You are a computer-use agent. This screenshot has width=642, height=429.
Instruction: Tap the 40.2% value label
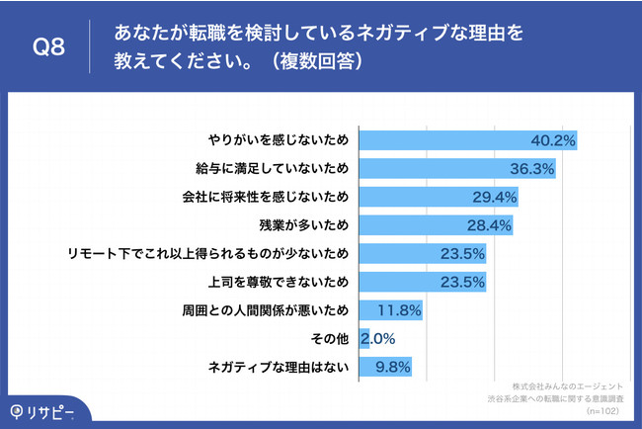pyautogui.click(x=553, y=140)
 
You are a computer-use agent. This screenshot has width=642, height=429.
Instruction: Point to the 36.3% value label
pyautogui.click(x=531, y=168)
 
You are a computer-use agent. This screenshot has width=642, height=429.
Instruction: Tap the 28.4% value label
pyautogui.click(x=488, y=225)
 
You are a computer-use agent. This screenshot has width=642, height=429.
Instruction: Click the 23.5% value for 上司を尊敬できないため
pyautogui.click(x=460, y=282)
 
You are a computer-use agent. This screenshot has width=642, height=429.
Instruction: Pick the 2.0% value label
pyautogui.click(x=379, y=339)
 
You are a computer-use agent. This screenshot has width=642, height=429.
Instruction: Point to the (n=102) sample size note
pyautogui.click(x=603, y=408)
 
